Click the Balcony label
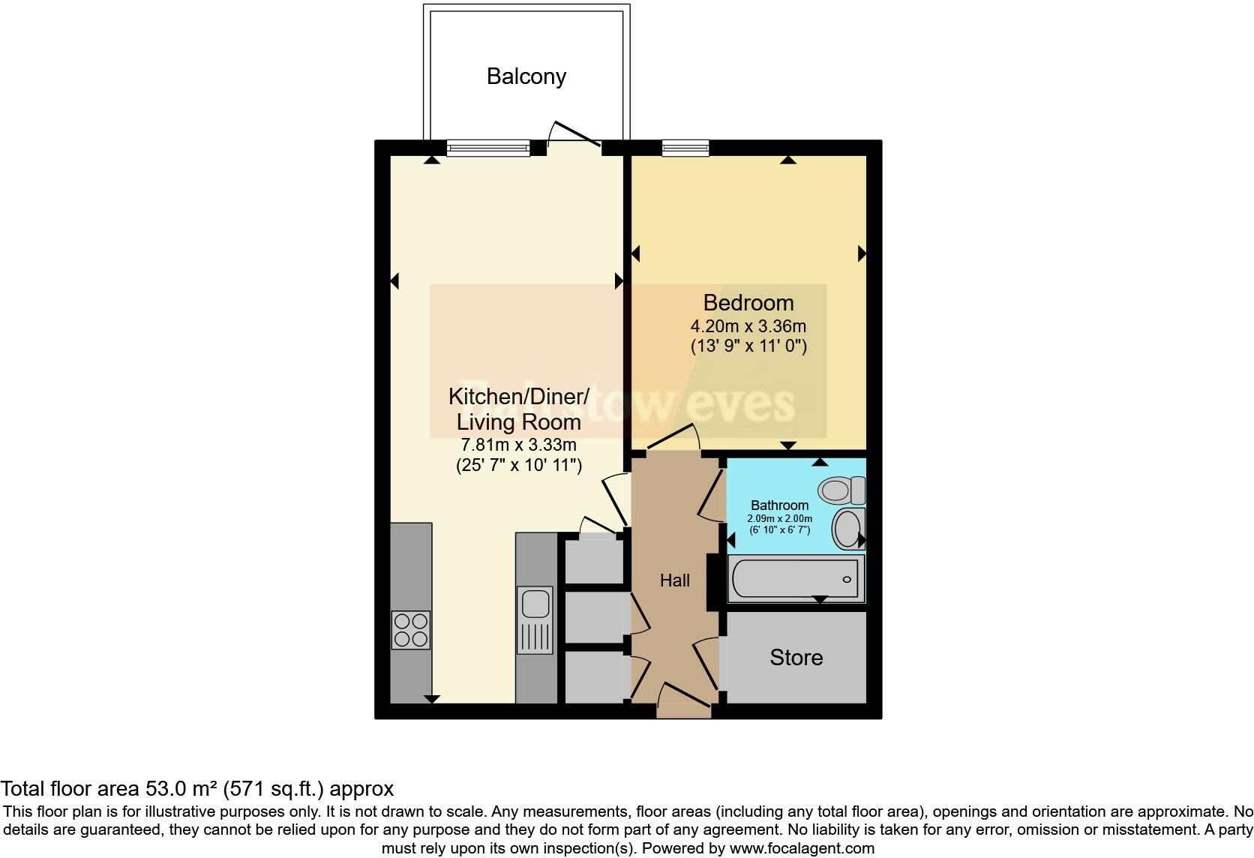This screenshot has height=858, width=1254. pos(526,76)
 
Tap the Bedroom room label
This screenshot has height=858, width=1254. pos(748,303)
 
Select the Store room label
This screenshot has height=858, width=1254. pos(796,658)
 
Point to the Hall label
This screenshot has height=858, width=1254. pos(674,580)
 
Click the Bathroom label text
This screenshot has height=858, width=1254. pos(779,505)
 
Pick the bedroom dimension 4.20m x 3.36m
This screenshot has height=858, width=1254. pos(748,326)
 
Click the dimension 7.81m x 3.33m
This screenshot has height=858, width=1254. pos(518,445)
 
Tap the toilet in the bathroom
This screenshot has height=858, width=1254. pos(841,490)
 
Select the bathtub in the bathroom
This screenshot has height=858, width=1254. pos(795,579)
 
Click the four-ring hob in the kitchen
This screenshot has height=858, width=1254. pos(411,630)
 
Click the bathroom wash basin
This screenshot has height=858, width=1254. pos(848,529)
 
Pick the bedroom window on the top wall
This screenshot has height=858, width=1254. pos(685,148)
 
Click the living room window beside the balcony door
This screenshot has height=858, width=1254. pos(488,148)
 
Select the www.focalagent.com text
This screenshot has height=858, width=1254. pos(802,849)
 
